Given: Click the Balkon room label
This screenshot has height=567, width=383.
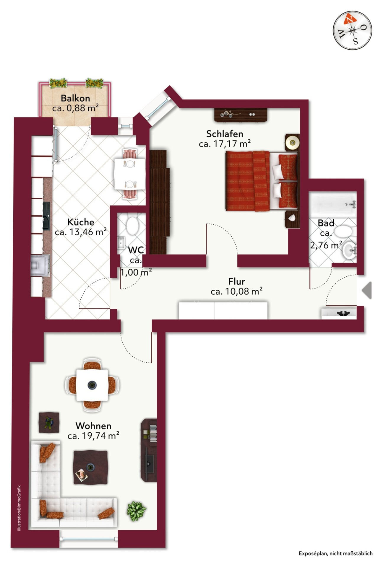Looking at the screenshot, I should [75, 98].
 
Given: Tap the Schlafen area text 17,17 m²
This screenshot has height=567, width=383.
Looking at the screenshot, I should [225, 144].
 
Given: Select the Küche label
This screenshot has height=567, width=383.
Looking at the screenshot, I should [81, 222].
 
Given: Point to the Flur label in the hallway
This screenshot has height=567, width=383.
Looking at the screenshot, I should [236, 281].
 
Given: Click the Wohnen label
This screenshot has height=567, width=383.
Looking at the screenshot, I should [93, 426].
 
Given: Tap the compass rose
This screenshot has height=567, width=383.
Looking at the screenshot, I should [352, 31].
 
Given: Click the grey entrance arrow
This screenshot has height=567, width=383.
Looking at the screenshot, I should [367, 290].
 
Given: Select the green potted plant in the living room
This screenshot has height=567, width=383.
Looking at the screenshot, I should [136, 511].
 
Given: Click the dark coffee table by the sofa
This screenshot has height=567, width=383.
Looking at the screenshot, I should [90, 467].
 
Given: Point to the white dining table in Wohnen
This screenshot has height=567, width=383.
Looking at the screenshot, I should [92, 385].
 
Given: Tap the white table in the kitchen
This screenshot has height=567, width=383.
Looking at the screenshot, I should [130, 174].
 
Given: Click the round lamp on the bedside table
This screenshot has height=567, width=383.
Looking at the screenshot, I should [292, 143].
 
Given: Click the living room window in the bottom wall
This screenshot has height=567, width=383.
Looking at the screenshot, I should [89, 539].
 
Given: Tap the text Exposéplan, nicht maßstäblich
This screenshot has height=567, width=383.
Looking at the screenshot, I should [335, 553].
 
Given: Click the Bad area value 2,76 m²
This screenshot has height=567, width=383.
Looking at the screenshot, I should [326, 245].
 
